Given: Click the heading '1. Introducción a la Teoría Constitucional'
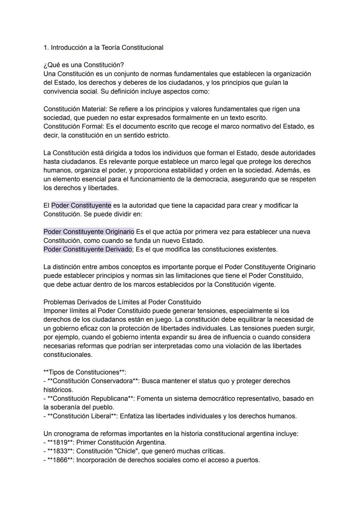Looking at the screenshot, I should pyautogui.click(x=103, y=48).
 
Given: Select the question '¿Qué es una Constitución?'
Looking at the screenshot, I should pyautogui.click(x=84, y=65).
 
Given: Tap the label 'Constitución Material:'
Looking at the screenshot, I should pyautogui.click(x=75, y=109).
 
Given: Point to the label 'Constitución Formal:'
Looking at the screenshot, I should pyautogui.click(x=74, y=127).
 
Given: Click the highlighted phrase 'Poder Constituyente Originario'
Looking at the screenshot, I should pyautogui.click(x=89, y=232).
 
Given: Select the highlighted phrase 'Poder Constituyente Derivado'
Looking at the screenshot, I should pyautogui.click(x=88, y=250).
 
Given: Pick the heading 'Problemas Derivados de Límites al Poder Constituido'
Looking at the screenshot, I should pyautogui.click(x=122, y=302).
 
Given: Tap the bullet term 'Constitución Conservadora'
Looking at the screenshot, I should pyautogui.click(x=93, y=381).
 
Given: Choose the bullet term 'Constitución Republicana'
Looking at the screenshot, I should pyautogui.click(x=90, y=399).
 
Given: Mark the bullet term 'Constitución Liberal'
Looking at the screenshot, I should pyautogui.click(x=82, y=416).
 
